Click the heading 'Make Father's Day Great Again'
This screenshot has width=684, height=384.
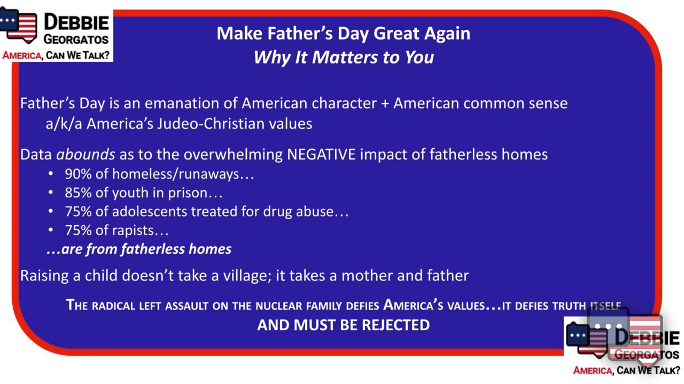[x=343, y=34]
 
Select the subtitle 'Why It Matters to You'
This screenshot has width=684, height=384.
[x=343, y=57]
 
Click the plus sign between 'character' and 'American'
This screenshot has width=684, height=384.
[x=384, y=103]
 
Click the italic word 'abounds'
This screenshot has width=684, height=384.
[x=85, y=155]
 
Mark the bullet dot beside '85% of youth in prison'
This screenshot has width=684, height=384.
[x=51, y=193]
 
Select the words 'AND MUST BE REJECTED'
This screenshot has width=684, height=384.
[x=343, y=325]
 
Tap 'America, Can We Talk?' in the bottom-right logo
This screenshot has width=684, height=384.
[x=626, y=370]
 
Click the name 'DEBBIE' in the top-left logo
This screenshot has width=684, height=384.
[x=76, y=23]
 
